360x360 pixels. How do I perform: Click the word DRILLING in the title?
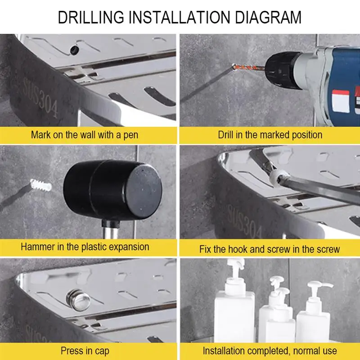click(x=91, y=17)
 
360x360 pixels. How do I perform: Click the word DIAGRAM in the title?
click(x=268, y=17)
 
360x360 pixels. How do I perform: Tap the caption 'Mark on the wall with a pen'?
click(x=85, y=135)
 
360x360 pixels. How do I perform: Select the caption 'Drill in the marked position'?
click(x=270, y=135)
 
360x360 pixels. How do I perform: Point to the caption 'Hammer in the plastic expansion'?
click(x=85, y=247)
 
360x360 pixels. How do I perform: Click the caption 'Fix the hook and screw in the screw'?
click(x=270, y=249)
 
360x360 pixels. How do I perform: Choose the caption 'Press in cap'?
click(x=85, y=351)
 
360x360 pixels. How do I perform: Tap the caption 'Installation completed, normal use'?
click(x=270, y=351)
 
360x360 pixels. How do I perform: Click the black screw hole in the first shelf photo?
click(x=74, y=50)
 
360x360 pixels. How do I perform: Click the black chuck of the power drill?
click(x=283, y=71)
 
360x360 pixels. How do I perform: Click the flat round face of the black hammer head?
click(x=144, y=190)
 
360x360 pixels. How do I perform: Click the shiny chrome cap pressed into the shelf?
click(x=78, y=300)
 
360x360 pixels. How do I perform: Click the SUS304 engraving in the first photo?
click(x=40, y=98)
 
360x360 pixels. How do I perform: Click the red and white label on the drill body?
click(x=341, y=101)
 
